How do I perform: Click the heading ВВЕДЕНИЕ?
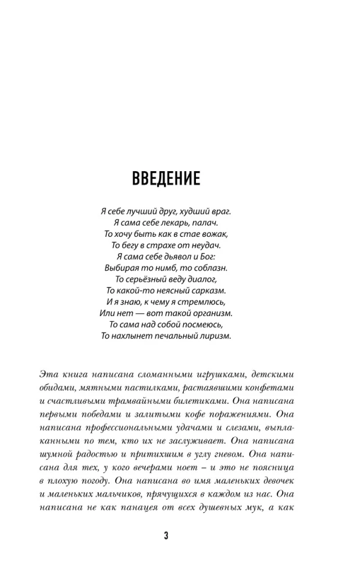(166, 179)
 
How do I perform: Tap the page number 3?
(166, 537)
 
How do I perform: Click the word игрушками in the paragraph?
(212, 374)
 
